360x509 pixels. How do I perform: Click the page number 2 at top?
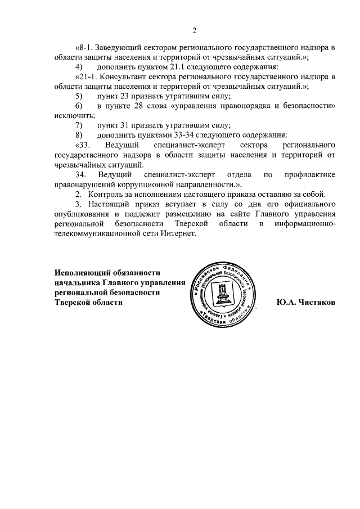point(193,30)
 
